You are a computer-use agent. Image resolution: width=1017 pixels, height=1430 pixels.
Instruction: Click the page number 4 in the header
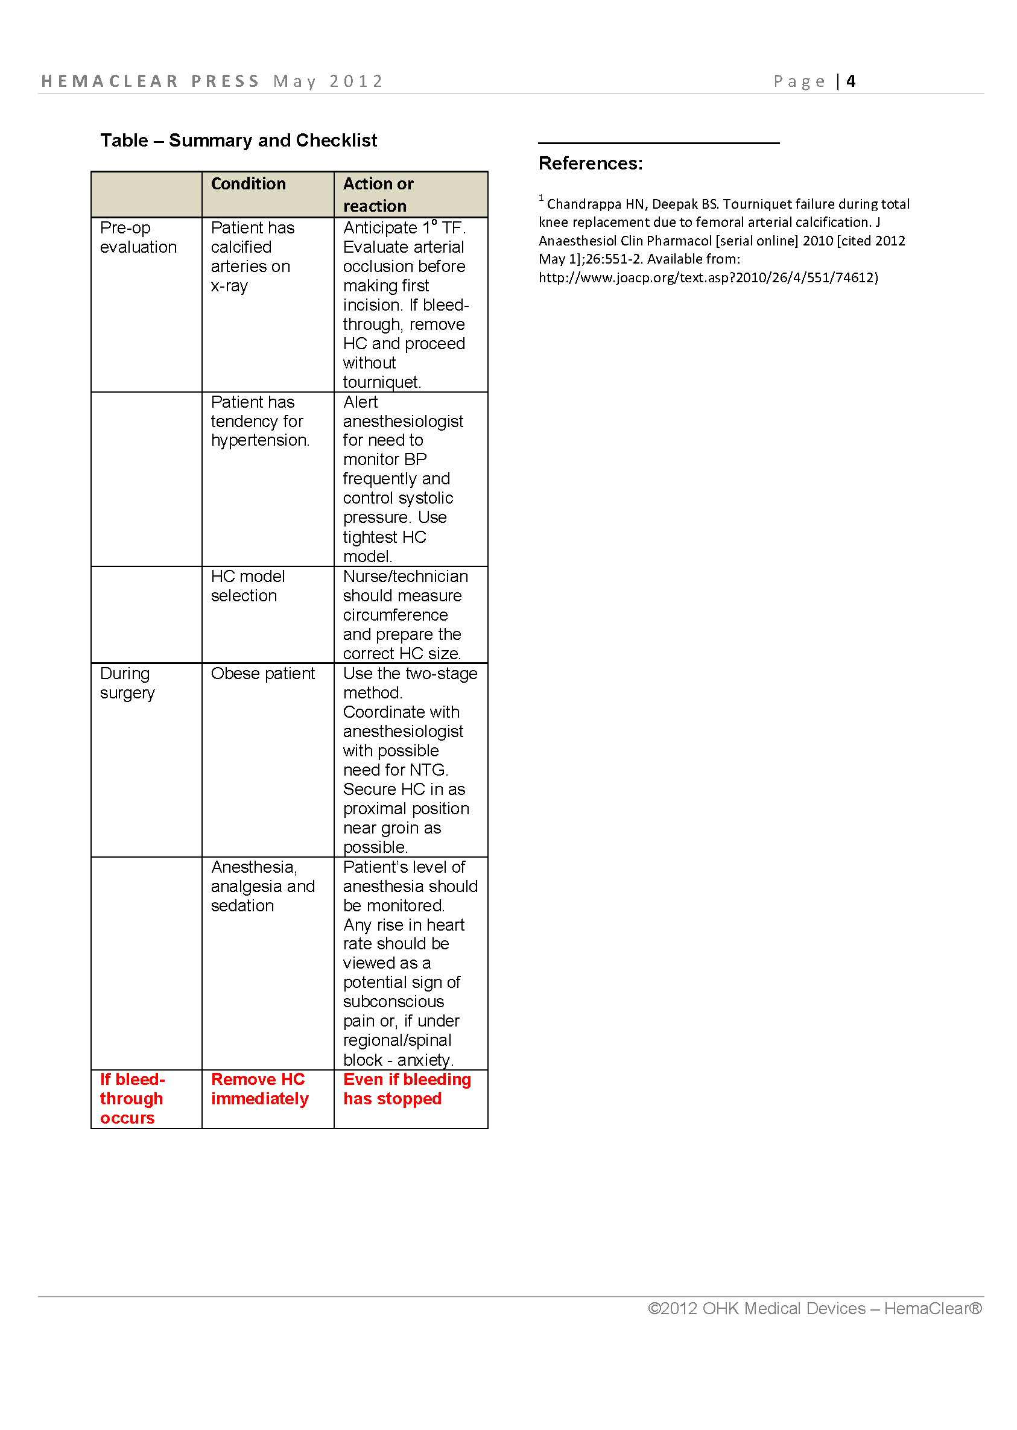pyautogui.click(x=851, y=81)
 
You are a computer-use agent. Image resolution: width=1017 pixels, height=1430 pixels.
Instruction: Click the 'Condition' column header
pyautogui.click(x=248, y=184)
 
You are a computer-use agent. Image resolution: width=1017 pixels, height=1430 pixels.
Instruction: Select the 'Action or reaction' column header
pyautogui.click(x=378, y=195)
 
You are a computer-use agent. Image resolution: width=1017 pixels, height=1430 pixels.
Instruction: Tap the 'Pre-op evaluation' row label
pyautogui.click(x=138, y=237)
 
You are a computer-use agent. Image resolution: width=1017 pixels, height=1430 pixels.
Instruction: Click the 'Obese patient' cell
pyautogui.click(x=262, y=674)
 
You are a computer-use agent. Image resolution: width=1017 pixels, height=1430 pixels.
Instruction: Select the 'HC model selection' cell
pyautogui.click(x=247, y=586)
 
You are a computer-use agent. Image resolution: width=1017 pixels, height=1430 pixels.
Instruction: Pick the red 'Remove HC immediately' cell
pyautogui.click(x=259, y=1089)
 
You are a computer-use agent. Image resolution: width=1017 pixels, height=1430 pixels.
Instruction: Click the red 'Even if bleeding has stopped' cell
pyautogui.click(x=407, y=1089)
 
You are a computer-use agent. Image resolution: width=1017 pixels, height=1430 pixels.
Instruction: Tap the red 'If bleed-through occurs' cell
pyautogui.click(x=131, y=1099)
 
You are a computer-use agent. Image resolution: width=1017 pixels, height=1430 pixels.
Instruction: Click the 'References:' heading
pyautogui.click(x=591, y=163)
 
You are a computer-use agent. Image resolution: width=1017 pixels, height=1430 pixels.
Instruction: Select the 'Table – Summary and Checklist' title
pyautogui.click(x=239, y=141)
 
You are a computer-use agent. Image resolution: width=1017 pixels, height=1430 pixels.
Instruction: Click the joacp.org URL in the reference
pyautogui.click(x=708, y=277)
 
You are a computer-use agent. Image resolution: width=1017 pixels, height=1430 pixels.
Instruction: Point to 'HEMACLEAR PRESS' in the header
pyautogui.click(x=150, y=81)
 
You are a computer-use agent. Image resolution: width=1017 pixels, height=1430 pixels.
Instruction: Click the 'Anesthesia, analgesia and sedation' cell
pyautogui.click(x=262, y=887)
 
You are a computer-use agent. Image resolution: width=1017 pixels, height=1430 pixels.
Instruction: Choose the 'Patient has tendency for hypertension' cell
pyautogui.click(x=260, y=422)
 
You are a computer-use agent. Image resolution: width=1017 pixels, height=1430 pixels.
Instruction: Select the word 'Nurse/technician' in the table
pyautogui.click(x=405, y=577)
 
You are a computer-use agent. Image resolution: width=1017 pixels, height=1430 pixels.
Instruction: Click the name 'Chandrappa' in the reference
pyautogui.click(x=584, y=204)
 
